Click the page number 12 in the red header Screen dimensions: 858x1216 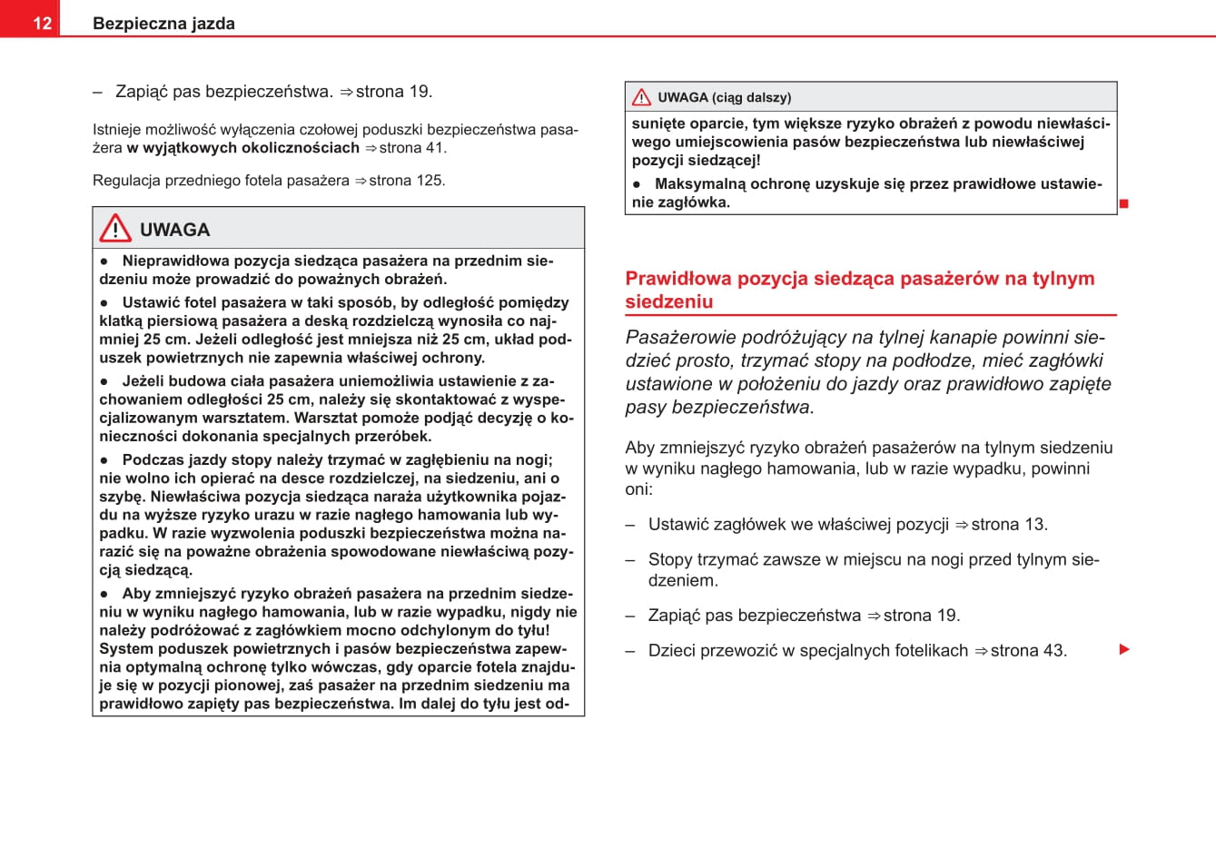tap(42, 24)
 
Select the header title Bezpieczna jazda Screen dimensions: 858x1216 tap(163, 24)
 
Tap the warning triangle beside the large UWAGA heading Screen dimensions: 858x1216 tap(115, 228)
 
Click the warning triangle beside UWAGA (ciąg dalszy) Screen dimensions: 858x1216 tap(641, 97)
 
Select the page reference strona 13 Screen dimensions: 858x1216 tap(1009, 525)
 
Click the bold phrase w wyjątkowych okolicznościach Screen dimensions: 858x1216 tap(243, 148)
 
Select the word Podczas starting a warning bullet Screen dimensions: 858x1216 tap(150, 460)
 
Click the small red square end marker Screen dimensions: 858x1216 tap(1123, 203)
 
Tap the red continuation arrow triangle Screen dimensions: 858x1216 tap(1124, 650)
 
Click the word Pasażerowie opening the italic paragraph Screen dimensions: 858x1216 tap(680, 338)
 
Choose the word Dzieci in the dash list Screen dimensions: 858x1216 tap(669, 651)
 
